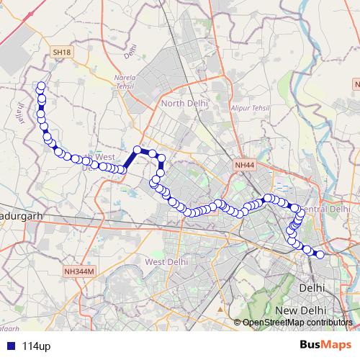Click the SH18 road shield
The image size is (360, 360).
coord(62,52)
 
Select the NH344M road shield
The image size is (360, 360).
coord(79,271)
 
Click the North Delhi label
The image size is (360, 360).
coord(184,104)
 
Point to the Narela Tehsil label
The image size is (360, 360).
coord(132,78)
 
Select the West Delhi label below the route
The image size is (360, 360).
coord(167,262)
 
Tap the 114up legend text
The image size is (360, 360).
coord(36,346)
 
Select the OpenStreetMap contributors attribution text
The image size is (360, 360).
coord(297,322)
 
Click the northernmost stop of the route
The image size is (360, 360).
coord(41,86)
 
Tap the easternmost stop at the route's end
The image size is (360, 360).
coord(320,254)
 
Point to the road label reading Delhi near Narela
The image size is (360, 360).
coord(130,51)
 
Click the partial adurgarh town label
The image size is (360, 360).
coord(22,215)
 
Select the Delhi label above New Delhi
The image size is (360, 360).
coord(312,287)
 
